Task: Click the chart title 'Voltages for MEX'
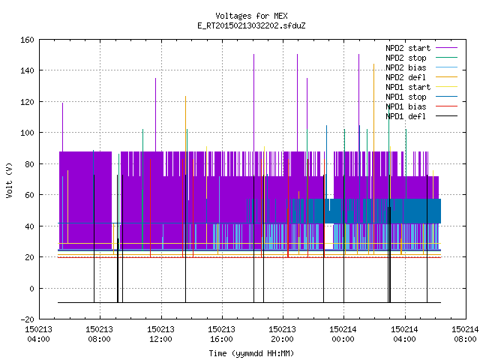point(251,16)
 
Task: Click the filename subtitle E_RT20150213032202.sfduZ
point(251,25)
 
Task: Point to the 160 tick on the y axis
point(27,40)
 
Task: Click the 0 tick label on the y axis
point(31,288)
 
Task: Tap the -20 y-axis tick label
point(27,319)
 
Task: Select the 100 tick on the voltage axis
point(27,133)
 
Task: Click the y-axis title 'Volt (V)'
point(9,180)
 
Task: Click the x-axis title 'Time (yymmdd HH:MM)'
point(251,353)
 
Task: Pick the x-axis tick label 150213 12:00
point(160,334)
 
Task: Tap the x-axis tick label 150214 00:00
point(343,334)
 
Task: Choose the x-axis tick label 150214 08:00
point(465,334)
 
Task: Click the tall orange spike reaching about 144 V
point(373,159)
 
